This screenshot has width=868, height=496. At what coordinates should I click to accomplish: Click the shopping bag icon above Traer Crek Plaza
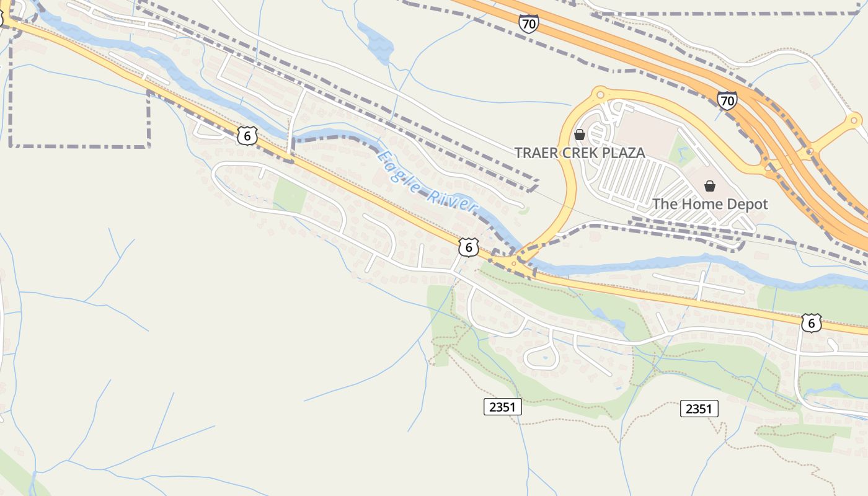coord(580,135)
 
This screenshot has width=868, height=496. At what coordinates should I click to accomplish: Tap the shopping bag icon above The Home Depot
coord(710,186)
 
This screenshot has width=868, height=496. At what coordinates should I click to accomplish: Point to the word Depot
coord(747,204)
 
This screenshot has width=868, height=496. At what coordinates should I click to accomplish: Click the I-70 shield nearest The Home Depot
coord(727,100)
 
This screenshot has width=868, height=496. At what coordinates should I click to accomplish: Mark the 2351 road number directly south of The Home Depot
coord(699,409)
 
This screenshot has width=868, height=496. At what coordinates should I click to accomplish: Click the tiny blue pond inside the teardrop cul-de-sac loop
coord(544,358)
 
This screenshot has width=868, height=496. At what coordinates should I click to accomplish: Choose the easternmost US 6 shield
coord(811,322)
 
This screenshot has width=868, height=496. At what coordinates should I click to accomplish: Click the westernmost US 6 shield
coord(247,135)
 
